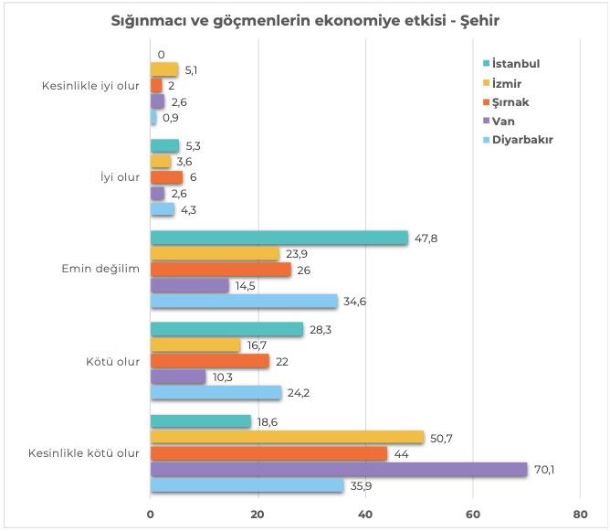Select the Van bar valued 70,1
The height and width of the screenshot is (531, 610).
(x=338, y=470)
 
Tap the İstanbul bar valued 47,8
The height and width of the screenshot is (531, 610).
(x=279, y=238)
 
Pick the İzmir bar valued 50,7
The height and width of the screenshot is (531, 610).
(x=287, y=437)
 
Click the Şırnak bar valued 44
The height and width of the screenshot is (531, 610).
(x=268, y=453)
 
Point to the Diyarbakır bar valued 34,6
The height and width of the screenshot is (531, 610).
(x=243, y=301)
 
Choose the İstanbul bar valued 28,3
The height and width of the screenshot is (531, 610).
(x=226, y=329)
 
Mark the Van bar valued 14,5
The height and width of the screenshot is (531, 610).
(x=189, y=285)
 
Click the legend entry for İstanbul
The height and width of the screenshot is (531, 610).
(x=515, y=64)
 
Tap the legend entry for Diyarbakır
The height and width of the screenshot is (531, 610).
(x=521, y=140)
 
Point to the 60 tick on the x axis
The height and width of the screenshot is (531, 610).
(x=473, y=514)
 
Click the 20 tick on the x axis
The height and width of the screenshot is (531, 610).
(x=258, y=514)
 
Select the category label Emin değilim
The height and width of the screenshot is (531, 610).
(x=100, y=270)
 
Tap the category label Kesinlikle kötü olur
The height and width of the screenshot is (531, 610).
(x=89, y=452)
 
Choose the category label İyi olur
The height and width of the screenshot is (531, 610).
(x=121, y=177)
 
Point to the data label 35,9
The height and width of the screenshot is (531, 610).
(x=361, y=486)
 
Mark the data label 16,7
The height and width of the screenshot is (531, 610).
(x=256, y=345)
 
